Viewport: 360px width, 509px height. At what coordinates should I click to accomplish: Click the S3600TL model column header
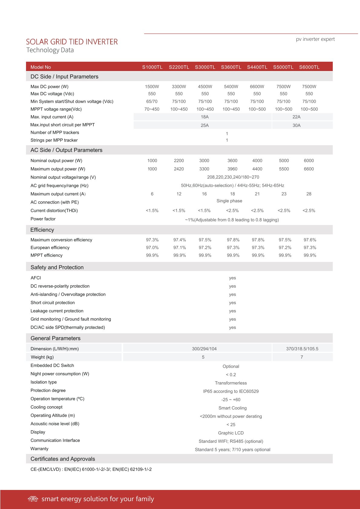[x=231, y=67]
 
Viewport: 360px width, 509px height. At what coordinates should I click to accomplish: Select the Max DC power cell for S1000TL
[x=152, y=86]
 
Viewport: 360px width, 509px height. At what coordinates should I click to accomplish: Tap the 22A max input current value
[x=296, y=117]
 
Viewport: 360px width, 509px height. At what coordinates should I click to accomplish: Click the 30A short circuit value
[x=296, y=125]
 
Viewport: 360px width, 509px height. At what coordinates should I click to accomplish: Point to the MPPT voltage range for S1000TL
[x=152, y=109]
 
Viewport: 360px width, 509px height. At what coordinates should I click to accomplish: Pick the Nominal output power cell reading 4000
[x=257, y=161]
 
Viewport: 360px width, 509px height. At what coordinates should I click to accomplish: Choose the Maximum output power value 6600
[x=309, y=169]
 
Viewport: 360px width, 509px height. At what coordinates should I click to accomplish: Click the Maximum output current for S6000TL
[x=309, y=194]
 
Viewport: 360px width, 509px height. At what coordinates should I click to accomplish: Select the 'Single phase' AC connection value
[x=229, y=201]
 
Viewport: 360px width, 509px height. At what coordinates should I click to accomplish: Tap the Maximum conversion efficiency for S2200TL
[x=179, y=240]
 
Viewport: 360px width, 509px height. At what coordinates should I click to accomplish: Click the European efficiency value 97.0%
[x=152, y=248]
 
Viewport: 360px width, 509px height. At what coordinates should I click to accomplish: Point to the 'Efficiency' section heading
[x=42, y=230]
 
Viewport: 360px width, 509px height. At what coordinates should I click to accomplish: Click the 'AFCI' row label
[x=36, y=278]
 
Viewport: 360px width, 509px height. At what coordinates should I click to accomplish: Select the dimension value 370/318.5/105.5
[x=302, y=349]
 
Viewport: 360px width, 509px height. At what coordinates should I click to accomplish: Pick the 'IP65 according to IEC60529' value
[x=231, y=391]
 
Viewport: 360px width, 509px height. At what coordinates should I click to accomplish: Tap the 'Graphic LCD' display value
[x=231, y=433]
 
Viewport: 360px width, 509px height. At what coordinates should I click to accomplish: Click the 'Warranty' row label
[x=39, y=449]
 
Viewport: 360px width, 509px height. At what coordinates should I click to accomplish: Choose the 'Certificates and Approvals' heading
[x=63, y=459]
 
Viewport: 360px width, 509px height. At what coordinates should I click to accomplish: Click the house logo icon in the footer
[x=33, y=499]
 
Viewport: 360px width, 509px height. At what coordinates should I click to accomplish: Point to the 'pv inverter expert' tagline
[x=315, y=39]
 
